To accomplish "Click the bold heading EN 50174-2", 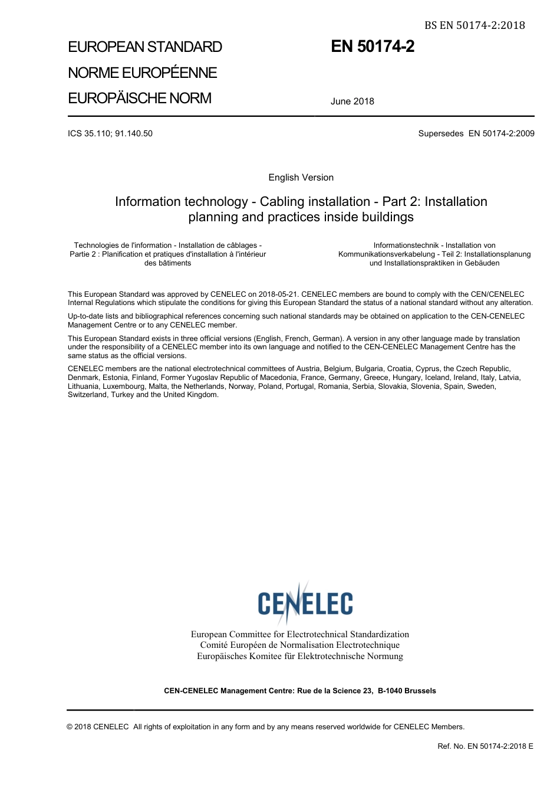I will point(373,47).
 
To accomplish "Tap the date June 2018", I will point(352,101).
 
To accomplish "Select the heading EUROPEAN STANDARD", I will point(145,47).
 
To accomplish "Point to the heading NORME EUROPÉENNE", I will point(142,73).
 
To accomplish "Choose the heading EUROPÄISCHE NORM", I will point(139,98).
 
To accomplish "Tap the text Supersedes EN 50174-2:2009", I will point(476,133).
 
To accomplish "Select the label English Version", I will point(301,178).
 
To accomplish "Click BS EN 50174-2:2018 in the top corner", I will point(474,25).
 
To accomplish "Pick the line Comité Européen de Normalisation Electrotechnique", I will point(299,645).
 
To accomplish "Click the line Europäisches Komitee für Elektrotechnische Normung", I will point(299,656).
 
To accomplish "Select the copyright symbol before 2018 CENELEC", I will point(70,727).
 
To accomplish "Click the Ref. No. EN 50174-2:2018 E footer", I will point(485,746).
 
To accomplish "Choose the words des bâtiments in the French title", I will point(167,263).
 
